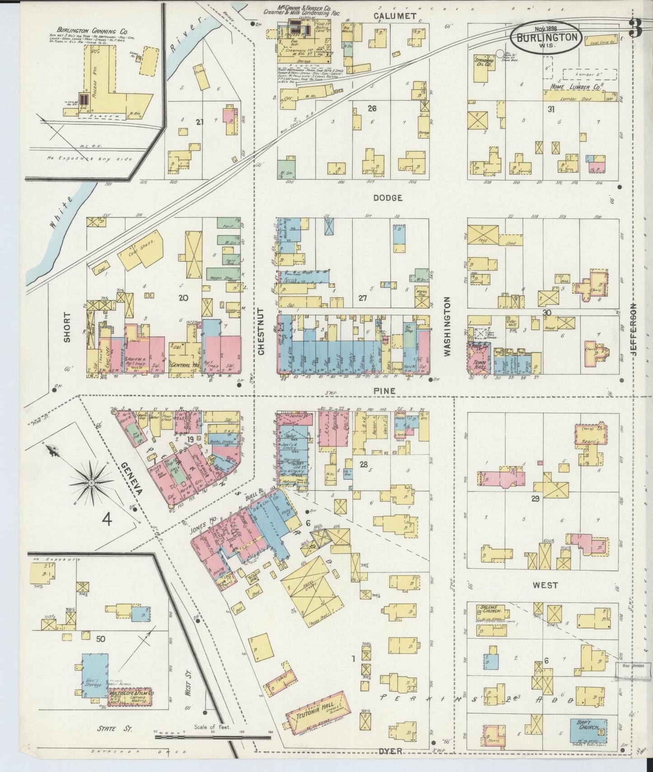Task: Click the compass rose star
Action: coord(91,483)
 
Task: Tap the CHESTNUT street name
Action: coord(260,331)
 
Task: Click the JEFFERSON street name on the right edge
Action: coord(634,330)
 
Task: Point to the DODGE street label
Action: coord(387,198)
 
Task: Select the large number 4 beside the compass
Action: coord(107,520)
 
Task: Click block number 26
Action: coord(372,108)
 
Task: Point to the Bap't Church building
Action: coord(586,730)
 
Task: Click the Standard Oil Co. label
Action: coord(484,61)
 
